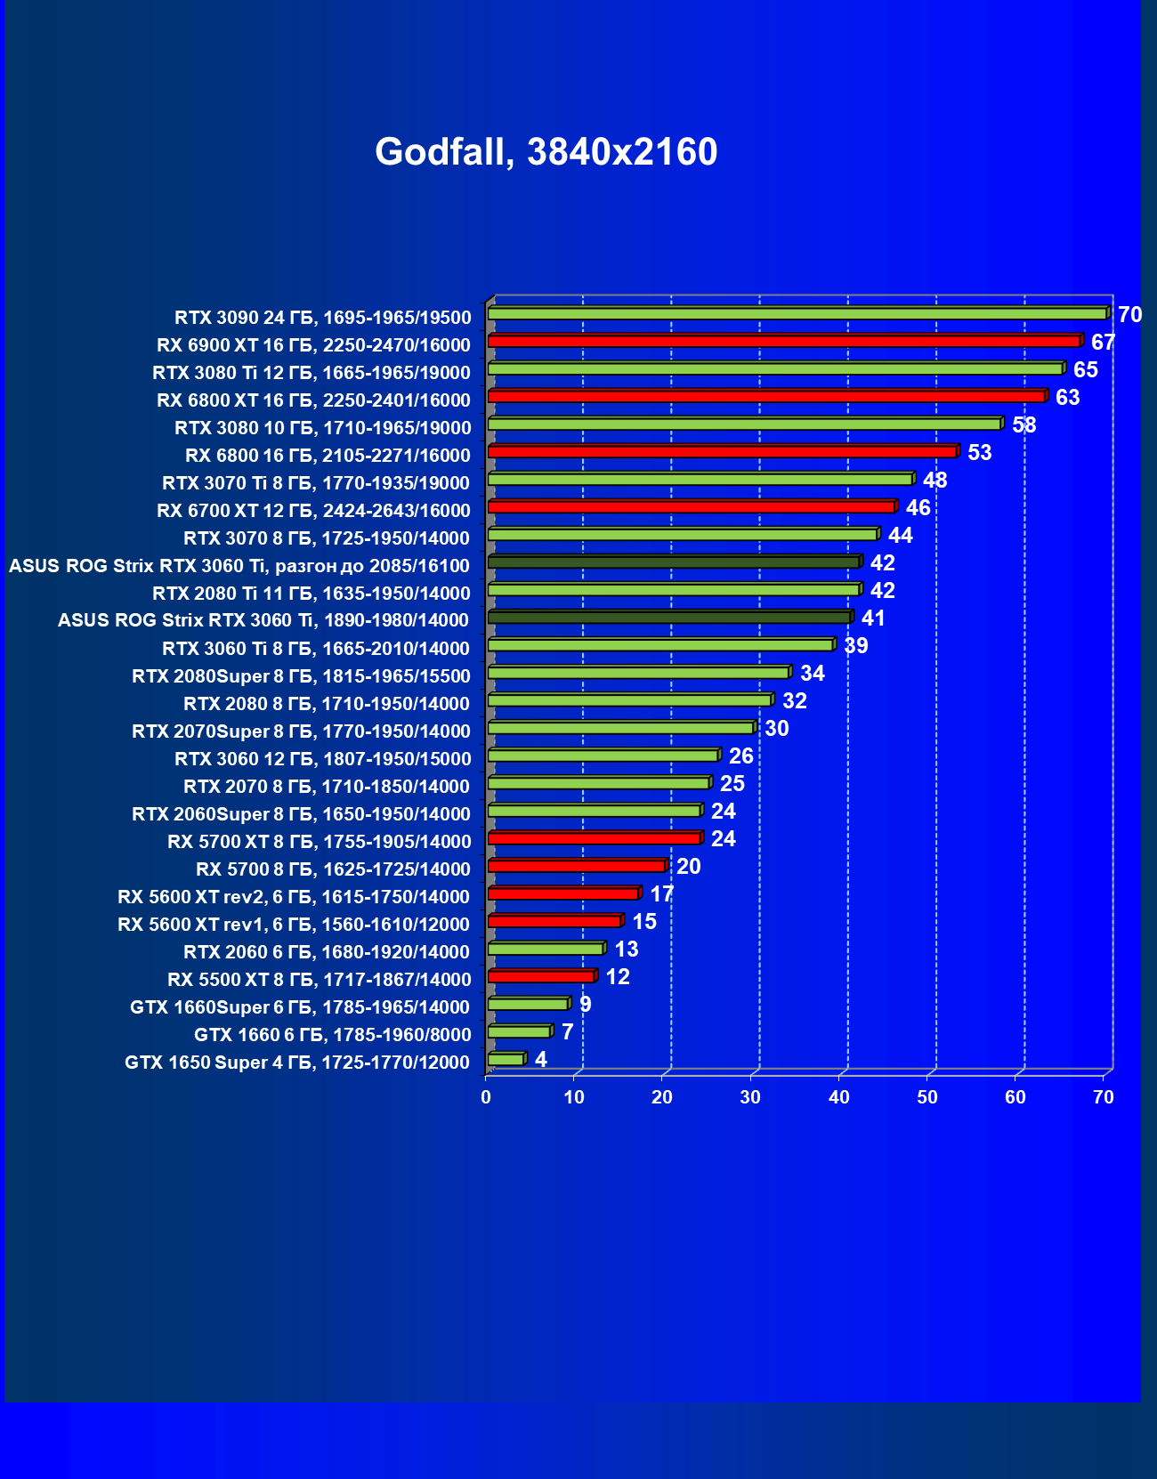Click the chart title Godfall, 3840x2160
coord(546,152)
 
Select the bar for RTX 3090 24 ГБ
coord(797,313)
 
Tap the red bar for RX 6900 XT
coord(783,341)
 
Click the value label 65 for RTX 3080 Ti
coord(1085,369)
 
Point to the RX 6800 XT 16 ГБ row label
coord(313,400)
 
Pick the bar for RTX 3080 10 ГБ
coord(744,424)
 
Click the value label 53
coord(979,452)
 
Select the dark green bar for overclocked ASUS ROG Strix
coord(673,562)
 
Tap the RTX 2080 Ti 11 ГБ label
coord(311,594)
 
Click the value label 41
coord(873,618)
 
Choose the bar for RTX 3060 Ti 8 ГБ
coord(659,644)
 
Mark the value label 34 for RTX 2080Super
coord(812,673)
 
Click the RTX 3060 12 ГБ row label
coord(322,759)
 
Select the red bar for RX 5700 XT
coord(594,838)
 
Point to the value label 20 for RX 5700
coord(688,866)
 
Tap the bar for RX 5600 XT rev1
coord(554,921)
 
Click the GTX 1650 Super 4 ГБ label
coord(297,1063)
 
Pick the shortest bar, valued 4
coord(506,1059)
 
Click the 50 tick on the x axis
coord(927,1097)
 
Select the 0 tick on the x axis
coord(486,1097)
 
